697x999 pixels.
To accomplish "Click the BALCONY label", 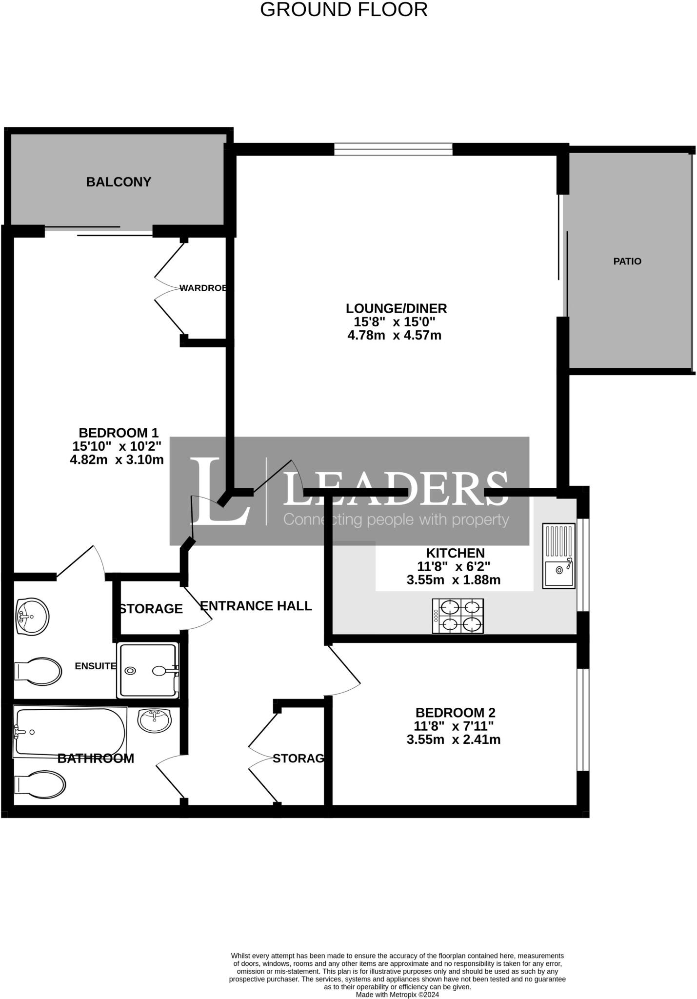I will tap(119, 182).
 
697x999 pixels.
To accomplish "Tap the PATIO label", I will tap(627, 261).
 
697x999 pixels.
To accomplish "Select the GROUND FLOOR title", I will tap(344, 10).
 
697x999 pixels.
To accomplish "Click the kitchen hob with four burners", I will tap(458, 616).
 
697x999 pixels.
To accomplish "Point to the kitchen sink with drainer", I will tap(559, 555).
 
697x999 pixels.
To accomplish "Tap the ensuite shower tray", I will tap(148, 671).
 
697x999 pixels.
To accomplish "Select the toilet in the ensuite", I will tap(38, 672).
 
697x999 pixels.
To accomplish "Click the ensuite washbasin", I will tap(32, 617).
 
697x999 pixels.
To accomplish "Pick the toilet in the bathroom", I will tap(40, 785).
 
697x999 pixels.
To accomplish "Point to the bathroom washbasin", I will tap(155, 719).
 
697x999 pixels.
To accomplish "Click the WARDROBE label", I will tap(203, 288).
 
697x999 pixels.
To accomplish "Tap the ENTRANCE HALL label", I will tap(256, 606).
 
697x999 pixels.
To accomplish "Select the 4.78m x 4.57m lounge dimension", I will tap(394, 335).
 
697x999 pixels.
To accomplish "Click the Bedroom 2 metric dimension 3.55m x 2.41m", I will tap(453, 739).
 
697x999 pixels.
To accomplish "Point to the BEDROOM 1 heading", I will tap(119, 433).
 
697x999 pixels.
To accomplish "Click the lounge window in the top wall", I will tap(393, 149).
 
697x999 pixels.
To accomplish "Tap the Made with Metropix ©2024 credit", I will tap(397, 994).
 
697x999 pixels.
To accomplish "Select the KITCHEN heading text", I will tap(456, 553).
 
